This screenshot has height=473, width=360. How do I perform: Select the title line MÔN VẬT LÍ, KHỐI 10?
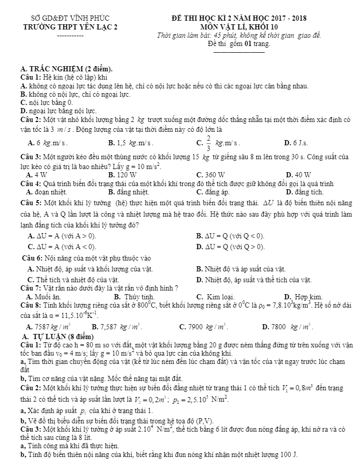click(x=238, y=26)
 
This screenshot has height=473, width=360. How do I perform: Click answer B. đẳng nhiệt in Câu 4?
click(x=129, y=191)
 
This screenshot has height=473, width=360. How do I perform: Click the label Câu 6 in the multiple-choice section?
click(x=32, y=258)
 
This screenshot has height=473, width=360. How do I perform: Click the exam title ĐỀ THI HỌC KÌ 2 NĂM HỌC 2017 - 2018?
click(x=238, y=18)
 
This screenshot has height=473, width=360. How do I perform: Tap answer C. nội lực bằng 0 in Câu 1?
click(x=47, y=103)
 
